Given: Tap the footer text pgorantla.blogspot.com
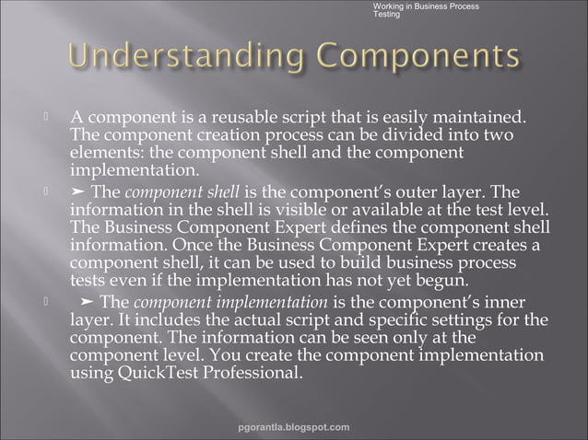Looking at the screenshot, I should [293, 427].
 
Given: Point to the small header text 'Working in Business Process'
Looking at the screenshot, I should [425, 6].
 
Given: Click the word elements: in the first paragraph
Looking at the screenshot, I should [104, 154].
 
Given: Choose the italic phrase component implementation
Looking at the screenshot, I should [230, 302].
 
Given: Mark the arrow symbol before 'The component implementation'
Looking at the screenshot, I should [87, 302].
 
